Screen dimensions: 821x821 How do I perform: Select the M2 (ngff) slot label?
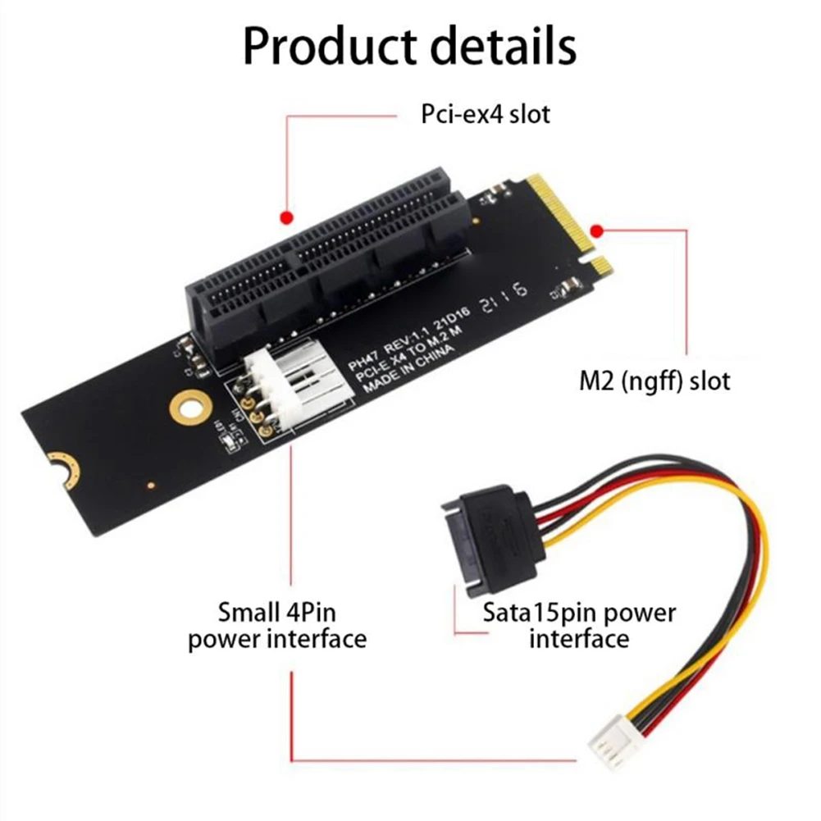653,381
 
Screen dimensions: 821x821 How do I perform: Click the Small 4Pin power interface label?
277,625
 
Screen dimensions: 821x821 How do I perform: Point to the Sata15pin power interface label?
579,625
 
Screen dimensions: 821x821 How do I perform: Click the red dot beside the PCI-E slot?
285,217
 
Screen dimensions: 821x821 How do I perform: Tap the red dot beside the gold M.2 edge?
597,230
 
